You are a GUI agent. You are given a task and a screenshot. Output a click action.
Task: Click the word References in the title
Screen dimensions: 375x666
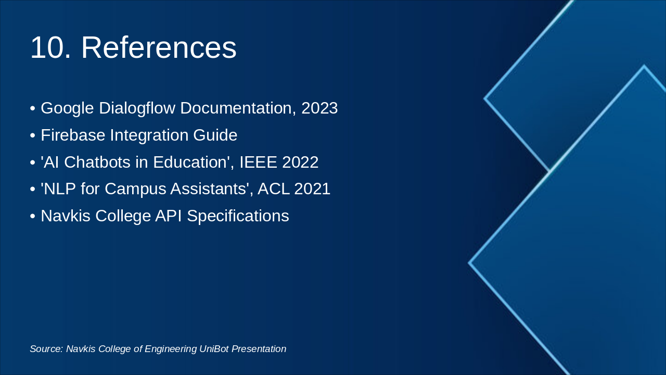click(159, 48)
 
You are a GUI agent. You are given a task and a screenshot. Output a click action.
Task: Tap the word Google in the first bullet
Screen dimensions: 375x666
click(67, 108)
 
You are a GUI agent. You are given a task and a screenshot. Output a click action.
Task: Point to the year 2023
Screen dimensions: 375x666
click(319, 108)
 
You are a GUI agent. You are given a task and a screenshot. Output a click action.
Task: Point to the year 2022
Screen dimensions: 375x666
click(300, 162)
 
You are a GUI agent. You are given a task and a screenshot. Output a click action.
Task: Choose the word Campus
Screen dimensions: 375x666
click(132, 189)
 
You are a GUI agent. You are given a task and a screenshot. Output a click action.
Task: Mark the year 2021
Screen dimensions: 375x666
click(312, 189)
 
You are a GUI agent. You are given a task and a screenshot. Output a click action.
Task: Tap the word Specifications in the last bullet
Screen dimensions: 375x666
click(238, 216)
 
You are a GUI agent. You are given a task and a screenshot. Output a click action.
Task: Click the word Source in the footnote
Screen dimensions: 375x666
click(45, 349)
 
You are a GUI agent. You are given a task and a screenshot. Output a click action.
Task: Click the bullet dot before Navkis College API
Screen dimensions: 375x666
click(33, 216)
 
